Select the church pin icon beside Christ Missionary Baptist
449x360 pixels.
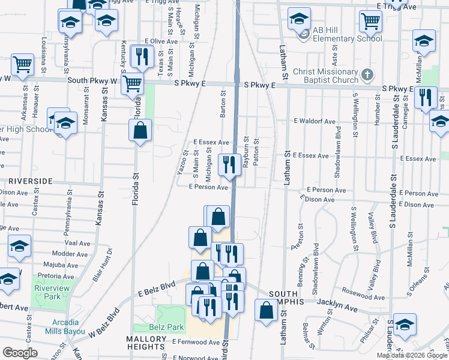click(x=369, y=75)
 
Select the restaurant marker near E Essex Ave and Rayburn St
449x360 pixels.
click(x=229, y=164)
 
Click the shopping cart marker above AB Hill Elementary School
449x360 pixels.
click(x=370, y=21)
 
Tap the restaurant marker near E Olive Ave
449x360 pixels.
click(x=142, y=56)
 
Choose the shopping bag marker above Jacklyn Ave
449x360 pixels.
click(x=266, y=310)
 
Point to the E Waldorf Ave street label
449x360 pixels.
click(x=315, y=121)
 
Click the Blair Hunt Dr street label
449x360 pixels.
click(x=103, y=264)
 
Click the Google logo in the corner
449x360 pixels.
click(x=20, y=353)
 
